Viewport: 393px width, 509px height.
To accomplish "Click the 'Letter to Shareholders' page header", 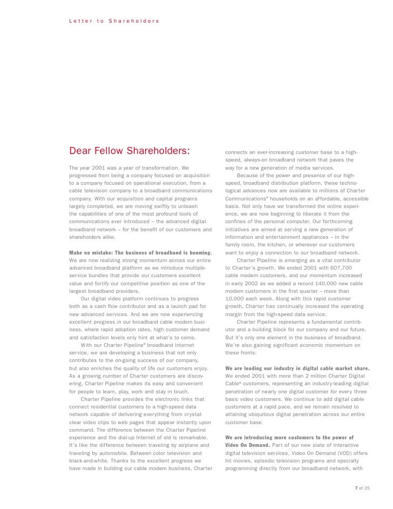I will tap(114, 21).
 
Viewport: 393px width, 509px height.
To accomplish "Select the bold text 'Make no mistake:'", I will tap(92, 252).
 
